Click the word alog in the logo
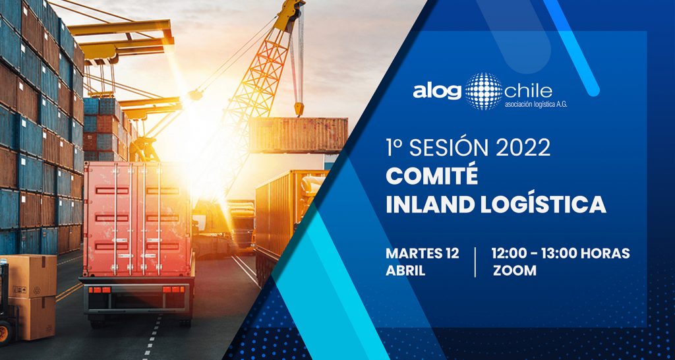click(437, 91)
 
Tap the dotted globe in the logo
click(484, 91)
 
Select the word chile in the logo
click(529, 91)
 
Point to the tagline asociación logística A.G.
click(536, 104)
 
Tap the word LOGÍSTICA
click(544, 203)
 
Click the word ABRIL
click(405, 270)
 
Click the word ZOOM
click(515, 270)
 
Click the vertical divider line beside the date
click(475, 262)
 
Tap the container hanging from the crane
click(299, 135)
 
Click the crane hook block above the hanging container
click(299, 109)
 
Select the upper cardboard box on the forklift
click(29, 276)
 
